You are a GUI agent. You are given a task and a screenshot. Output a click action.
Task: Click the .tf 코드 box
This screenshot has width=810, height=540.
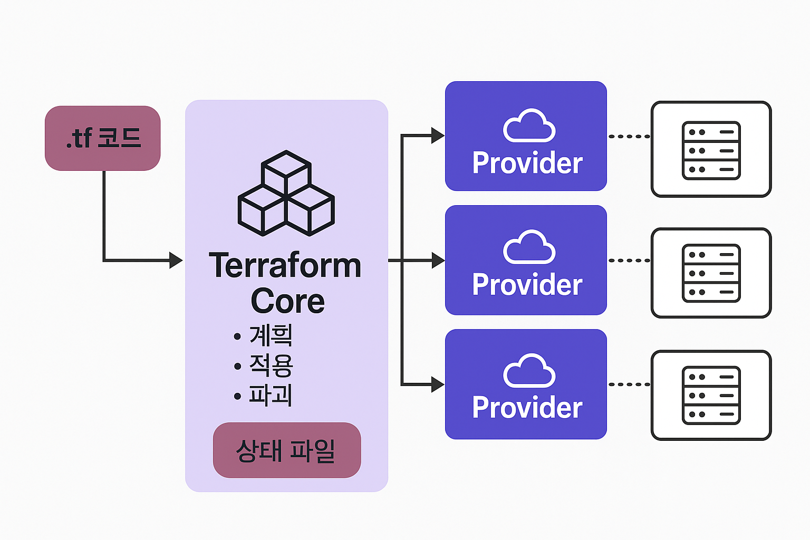coord(103,138)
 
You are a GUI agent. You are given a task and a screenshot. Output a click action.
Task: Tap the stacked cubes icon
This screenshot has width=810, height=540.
coord(286,194)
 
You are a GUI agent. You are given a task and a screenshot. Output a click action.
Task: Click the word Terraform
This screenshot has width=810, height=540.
coord(285,266)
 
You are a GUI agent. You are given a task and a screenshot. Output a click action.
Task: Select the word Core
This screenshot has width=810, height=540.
coord(287,301)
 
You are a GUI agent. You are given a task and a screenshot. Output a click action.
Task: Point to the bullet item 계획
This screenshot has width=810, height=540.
coord(271,335)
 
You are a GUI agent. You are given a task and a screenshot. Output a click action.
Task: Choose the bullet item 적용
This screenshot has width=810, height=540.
coord(271,365)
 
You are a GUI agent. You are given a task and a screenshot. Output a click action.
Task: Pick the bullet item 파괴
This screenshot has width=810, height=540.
coord(271,396)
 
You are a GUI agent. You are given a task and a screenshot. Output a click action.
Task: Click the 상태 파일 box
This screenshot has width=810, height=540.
coord(286,450)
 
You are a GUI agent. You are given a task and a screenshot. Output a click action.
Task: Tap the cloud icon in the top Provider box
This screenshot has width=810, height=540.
coord(529,126)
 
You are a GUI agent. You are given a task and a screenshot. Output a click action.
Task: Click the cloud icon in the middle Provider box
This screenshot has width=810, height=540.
coord(529,247)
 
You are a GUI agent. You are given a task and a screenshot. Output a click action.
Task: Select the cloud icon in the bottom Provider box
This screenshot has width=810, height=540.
coord(529,371)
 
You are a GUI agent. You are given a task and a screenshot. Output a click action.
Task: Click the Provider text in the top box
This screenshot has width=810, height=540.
coord(527,163)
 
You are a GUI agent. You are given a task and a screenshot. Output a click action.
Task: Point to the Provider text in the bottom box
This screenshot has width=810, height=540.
coord(527,408)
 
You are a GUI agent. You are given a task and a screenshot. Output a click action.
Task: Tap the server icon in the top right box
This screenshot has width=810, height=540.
coord(711,151)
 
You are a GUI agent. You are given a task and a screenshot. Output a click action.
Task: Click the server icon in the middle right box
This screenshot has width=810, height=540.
coord(711,273)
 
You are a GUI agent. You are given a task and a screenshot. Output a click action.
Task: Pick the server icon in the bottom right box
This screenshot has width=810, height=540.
coord(711,396)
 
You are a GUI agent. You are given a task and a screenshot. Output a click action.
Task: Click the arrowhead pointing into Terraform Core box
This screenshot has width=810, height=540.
coord(176,260)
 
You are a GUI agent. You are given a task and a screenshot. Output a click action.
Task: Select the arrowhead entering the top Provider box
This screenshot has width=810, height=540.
coord(438,136)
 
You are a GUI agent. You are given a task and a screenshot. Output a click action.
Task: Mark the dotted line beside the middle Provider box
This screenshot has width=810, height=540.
coord(629,261)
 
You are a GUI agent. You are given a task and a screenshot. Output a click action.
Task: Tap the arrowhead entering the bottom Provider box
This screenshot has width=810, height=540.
coord(438,384)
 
